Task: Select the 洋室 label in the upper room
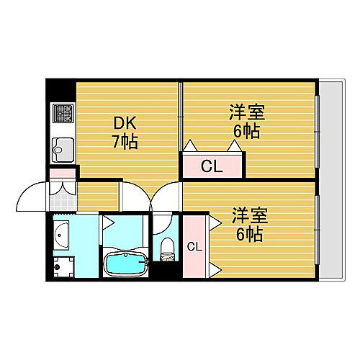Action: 247,114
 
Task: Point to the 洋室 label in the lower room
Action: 249,215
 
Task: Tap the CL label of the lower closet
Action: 194,247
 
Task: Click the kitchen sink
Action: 61,151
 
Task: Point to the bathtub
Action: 125,264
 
